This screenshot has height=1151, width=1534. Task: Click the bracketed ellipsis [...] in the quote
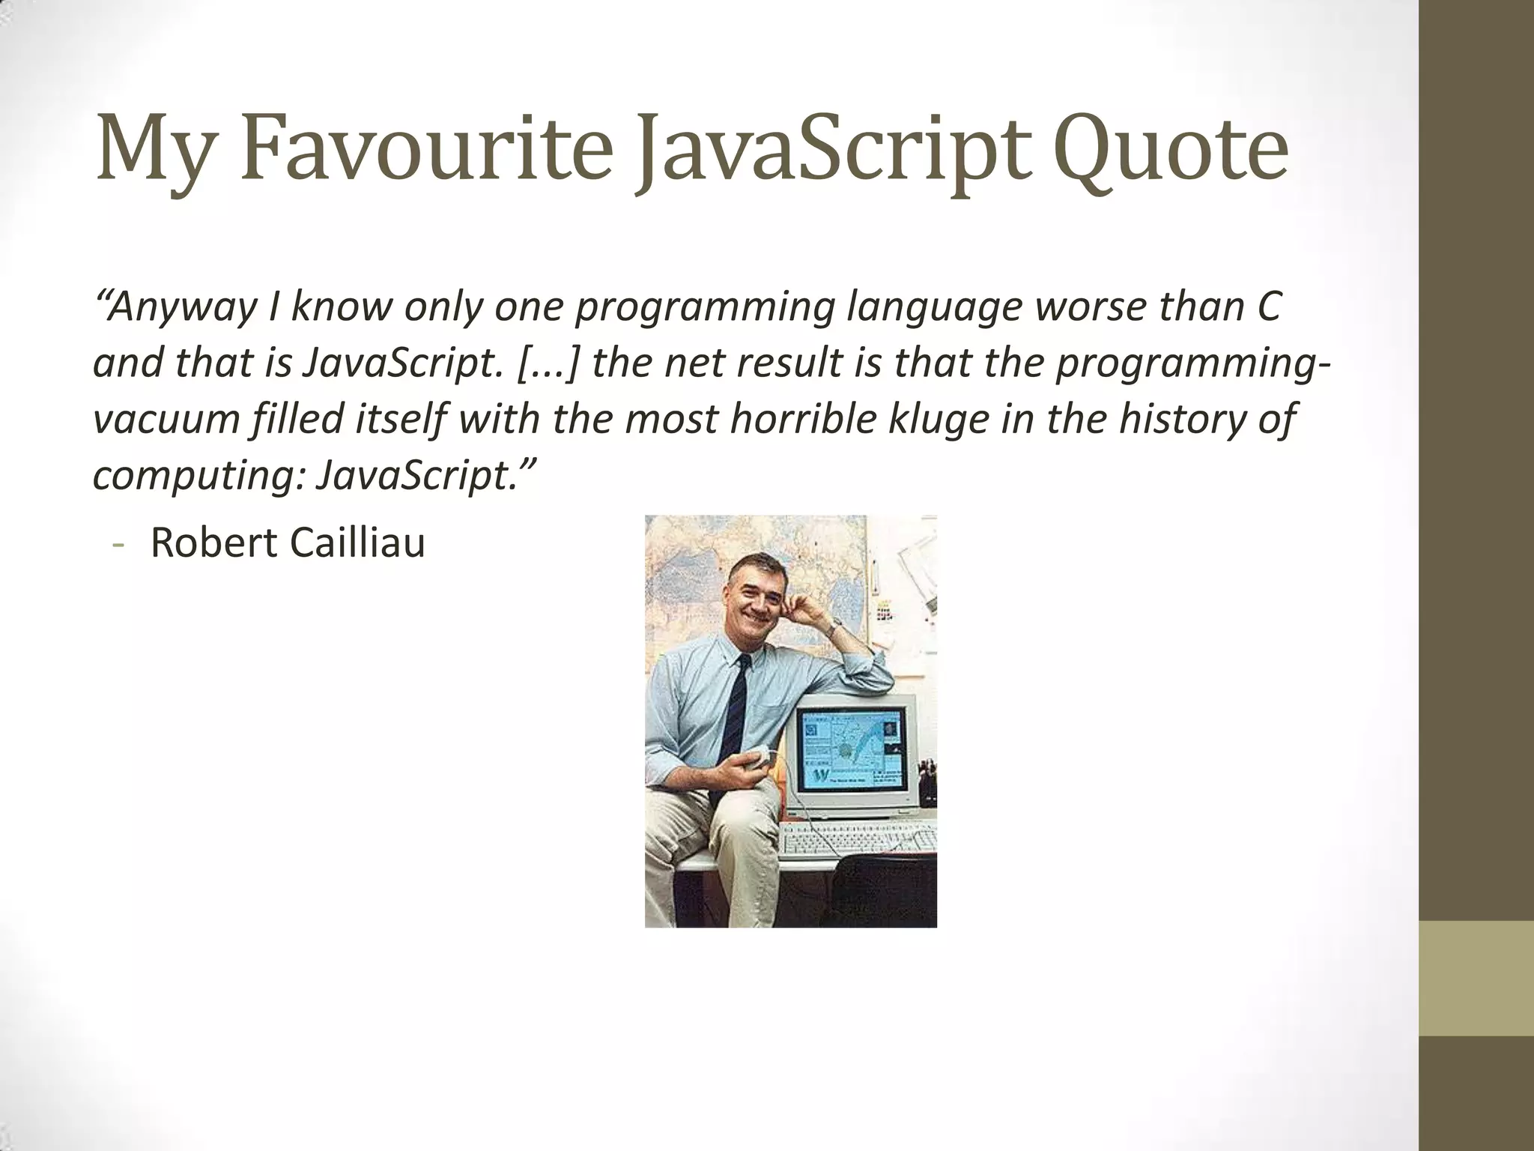point(550,363)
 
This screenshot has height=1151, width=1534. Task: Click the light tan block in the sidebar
point(1476,978)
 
